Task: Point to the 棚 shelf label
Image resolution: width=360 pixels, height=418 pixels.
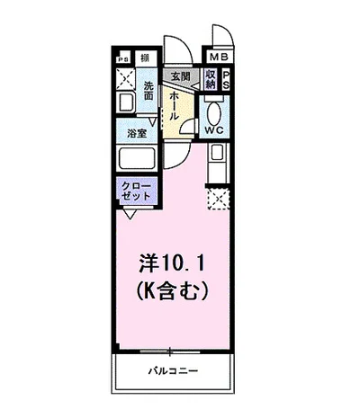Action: pos(146,58)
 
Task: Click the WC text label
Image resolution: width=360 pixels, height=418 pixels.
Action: pos(214,129)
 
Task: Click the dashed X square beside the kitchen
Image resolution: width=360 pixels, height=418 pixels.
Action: pos(218,197)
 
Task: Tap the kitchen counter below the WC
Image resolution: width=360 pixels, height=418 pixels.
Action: pos(217,164)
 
